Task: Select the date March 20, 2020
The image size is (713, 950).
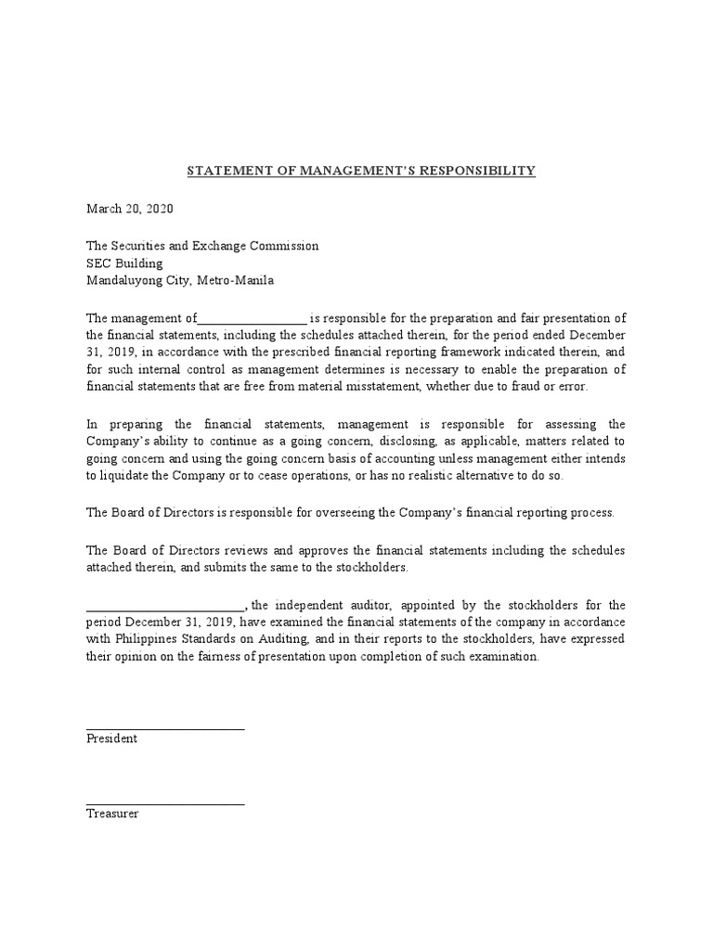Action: pyautogui.click(x=129, y=209)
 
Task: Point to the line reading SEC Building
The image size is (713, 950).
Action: pyautogui.click(x=124, y=263)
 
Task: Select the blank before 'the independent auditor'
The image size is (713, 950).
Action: pyautogui.click(x=165, y=605)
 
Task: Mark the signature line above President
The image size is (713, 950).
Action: pyautogui.click(x=165, y=728)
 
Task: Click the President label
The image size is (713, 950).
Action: pyautogui.click(x=111, y=738)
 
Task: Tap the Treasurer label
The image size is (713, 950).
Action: pyautogui.click(x=112, y=814)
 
